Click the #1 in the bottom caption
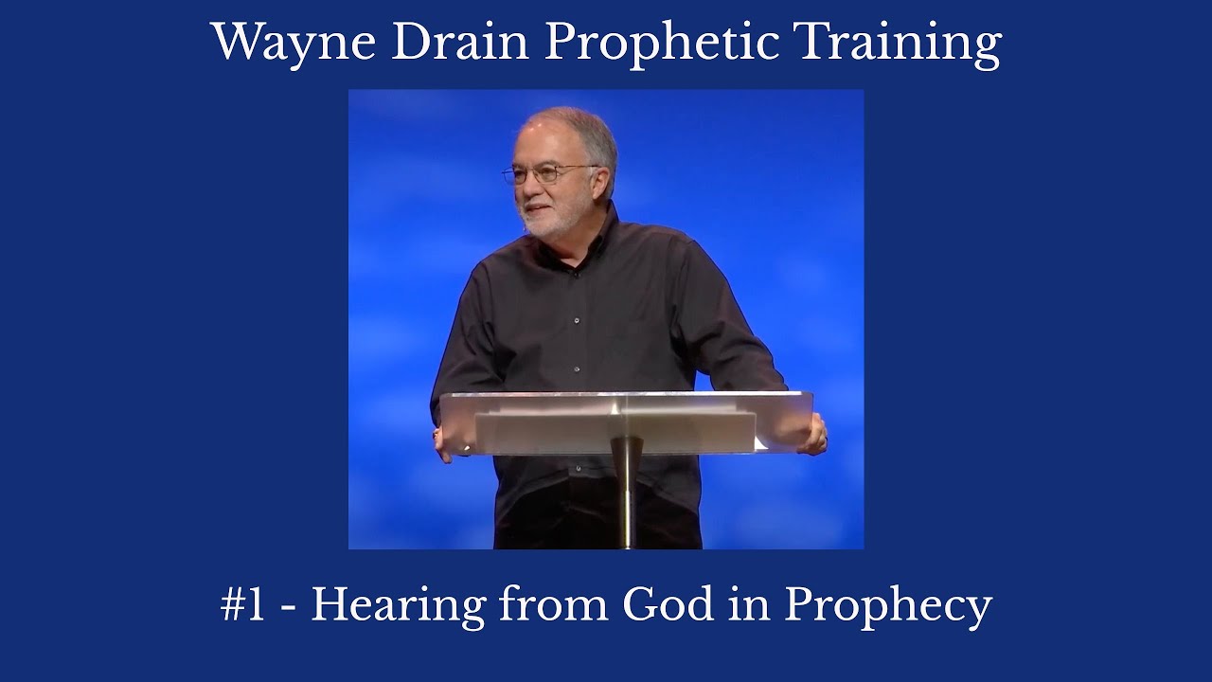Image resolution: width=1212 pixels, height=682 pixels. [x=242, y=604]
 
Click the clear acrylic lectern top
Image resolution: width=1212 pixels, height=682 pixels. [x=625, y=417]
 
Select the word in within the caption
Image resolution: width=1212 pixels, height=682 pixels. [x=743, y=604]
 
